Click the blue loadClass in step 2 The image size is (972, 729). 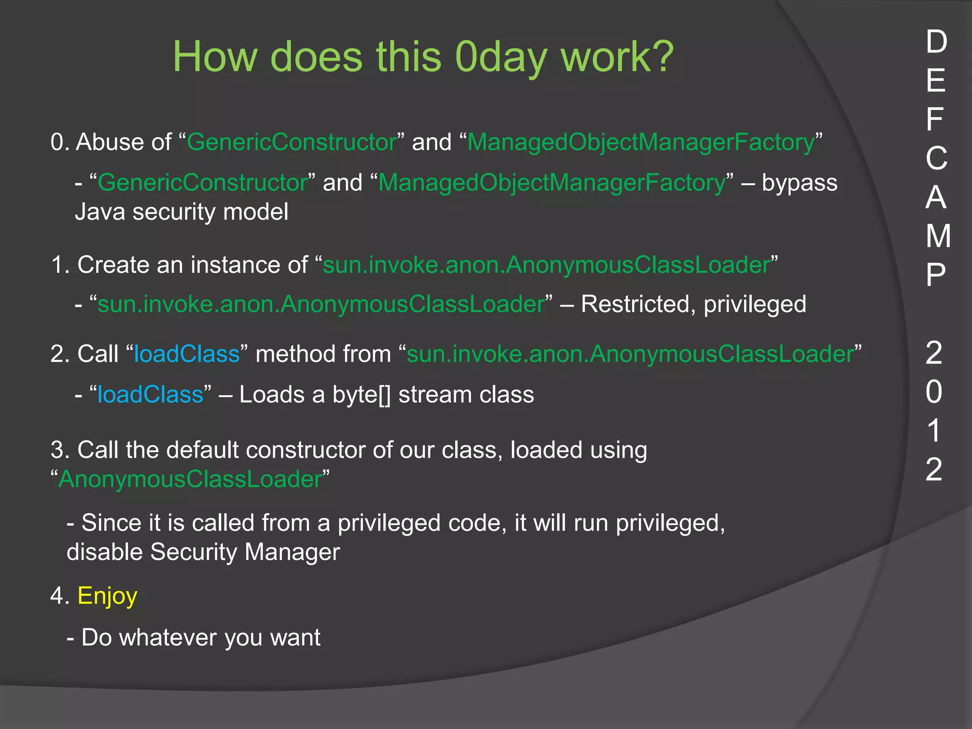pos(187,354)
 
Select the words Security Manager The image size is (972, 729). pos(245,552)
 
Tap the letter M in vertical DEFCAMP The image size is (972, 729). pos(938,236)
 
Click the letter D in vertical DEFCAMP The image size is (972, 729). pos(936,42)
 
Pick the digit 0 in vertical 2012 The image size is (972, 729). pos(934,392)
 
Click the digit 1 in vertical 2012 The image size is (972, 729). pos(934,431)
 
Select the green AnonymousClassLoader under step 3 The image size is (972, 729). pos(190,479)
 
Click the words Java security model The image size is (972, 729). pos(182,212)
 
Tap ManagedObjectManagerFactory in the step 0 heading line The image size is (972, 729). pos(641,142)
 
